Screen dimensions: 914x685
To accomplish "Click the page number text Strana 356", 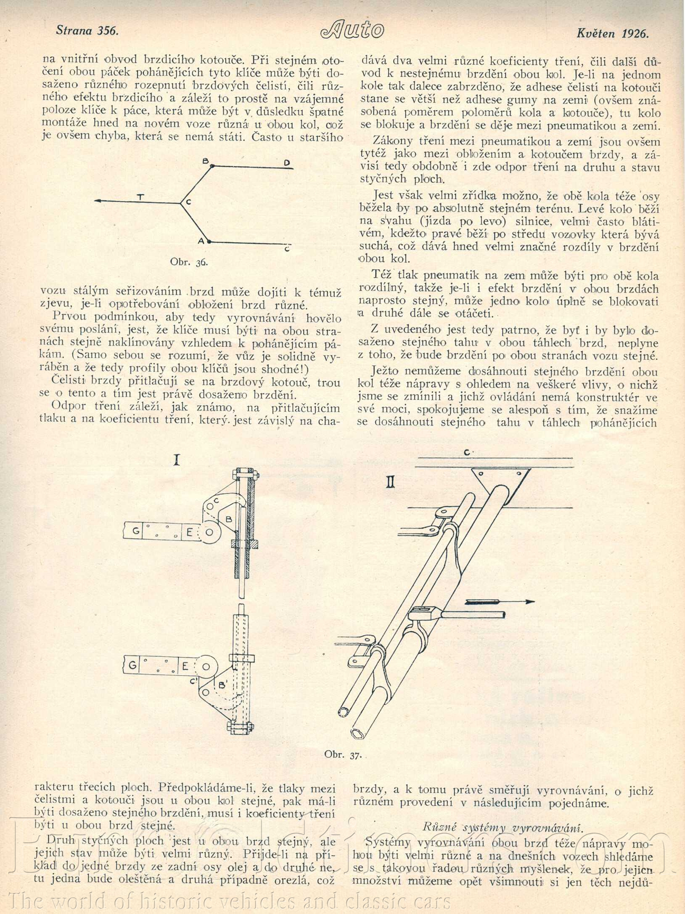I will tap(87, 30).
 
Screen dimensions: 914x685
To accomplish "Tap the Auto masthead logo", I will tap(352, 30).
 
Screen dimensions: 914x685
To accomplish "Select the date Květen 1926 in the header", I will tap(613, 34).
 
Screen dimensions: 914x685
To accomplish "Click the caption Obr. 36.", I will tap(189, 262).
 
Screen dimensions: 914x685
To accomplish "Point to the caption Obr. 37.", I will tap(343, 755).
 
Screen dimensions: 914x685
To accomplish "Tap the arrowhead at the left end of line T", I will tap(98, 201).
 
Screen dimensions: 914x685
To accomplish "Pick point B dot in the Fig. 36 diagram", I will tap(212, 166).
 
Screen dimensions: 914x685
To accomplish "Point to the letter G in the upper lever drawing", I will tap(136, 531).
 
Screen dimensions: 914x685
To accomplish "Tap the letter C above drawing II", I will tap(467, 453).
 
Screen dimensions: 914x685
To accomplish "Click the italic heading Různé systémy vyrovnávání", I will tap(503, 827).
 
